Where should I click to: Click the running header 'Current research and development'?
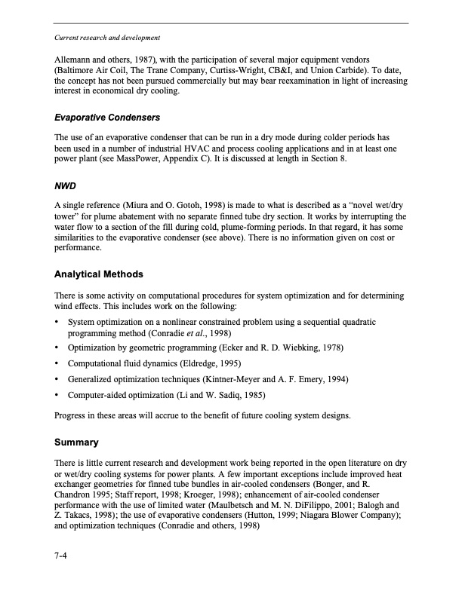(106, 37)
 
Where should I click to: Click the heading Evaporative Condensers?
(106, 118)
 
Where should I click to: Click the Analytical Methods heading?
(99, 274)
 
